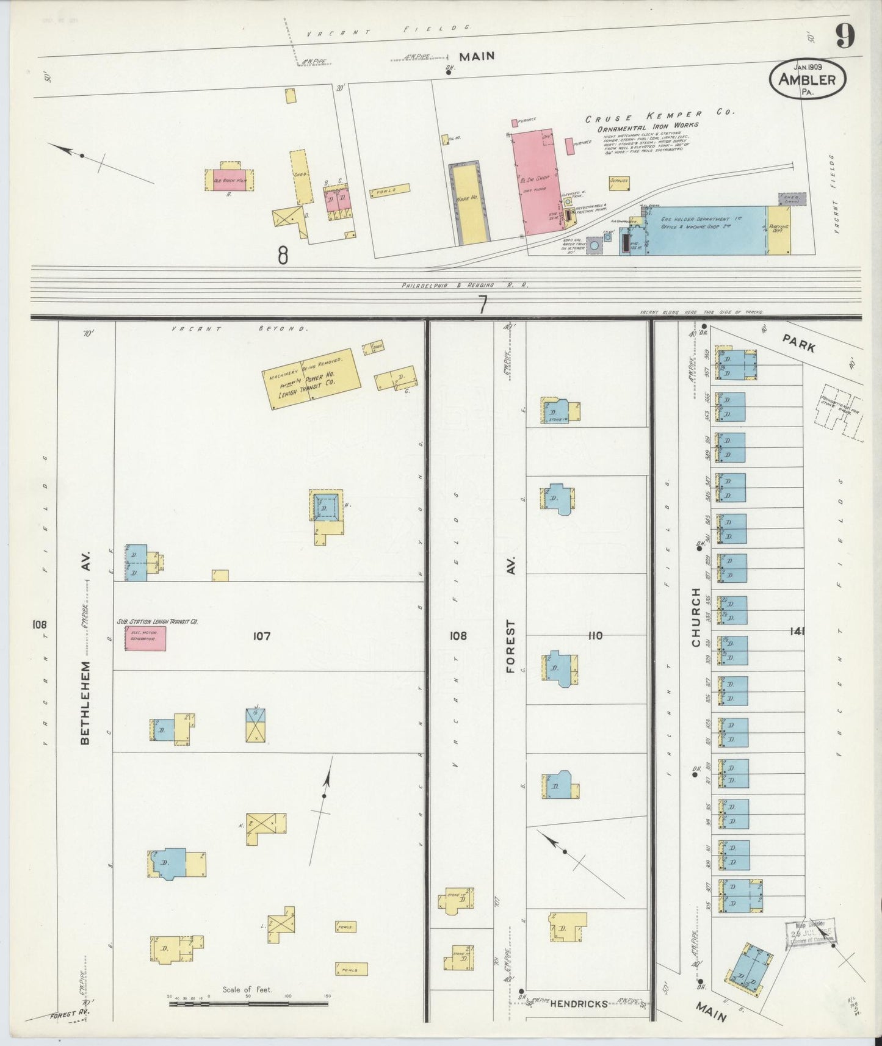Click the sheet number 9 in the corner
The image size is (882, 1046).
point(845,37)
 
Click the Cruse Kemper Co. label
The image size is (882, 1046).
point(660,115)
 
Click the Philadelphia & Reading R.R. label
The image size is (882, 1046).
point(464,285)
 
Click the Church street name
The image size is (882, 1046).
point(696,617)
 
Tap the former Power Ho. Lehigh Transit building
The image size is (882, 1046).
point(311,378)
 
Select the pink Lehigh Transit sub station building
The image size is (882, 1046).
point(145,638)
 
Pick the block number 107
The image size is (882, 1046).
point(262,636)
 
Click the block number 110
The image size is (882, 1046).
point(595,635)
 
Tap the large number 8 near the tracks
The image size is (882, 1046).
point(283,255)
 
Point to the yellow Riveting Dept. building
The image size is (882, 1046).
point(779,231)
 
